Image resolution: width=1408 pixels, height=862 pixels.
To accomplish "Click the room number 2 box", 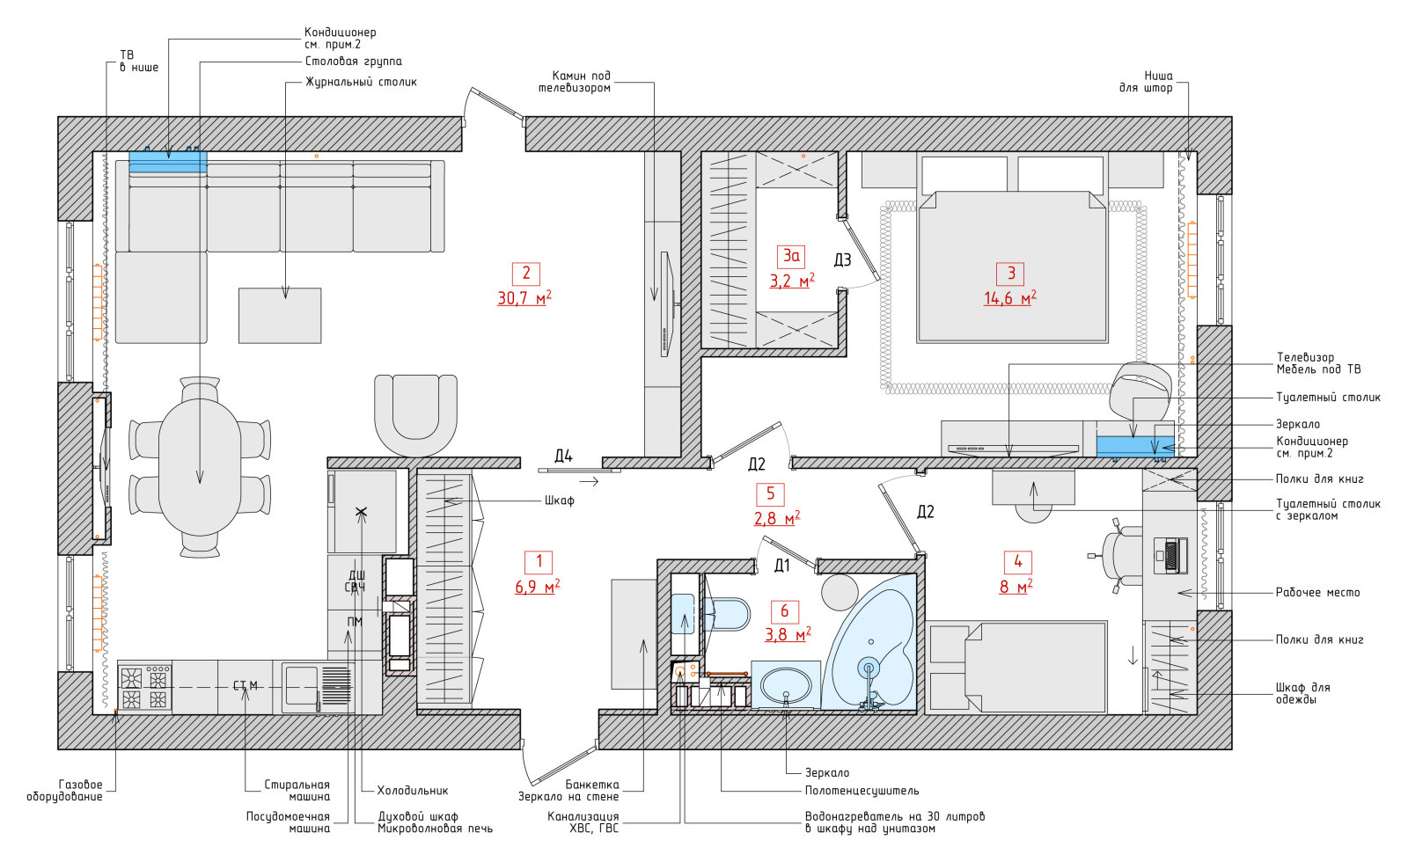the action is coord(526,274).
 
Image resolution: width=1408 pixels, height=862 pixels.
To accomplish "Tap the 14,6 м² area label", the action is coord(1010,298).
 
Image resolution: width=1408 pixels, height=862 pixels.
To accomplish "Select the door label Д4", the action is coord(563,457).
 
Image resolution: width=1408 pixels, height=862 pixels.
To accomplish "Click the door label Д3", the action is coord(842,259).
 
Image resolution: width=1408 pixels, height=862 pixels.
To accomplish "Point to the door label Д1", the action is coord(781,566).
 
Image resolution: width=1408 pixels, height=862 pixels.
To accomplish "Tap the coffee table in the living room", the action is coord(280,316).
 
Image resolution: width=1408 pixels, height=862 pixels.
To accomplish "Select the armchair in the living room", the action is coord(415,415).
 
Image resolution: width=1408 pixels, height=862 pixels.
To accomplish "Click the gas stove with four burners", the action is coord(144,688).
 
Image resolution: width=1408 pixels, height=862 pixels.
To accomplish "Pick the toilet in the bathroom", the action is coord(726,614).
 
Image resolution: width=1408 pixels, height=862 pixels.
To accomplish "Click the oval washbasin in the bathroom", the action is coord(786,685).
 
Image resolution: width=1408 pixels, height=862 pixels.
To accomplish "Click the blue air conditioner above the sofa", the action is coord(168,161).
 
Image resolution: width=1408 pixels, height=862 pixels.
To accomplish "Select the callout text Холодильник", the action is coord(413,791).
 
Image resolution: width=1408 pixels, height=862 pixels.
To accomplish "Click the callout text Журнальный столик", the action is coord(361,82).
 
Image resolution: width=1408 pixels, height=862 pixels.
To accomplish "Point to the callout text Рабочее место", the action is coord(1317,593).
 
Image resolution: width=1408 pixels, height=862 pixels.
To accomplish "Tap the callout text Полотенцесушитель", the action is coord(862,791).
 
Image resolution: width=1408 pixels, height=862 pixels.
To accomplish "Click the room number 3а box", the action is coord(791,256).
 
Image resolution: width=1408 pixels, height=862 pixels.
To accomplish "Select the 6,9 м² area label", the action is coord(538,587).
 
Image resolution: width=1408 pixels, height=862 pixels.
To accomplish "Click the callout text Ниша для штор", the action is coord(1145,82).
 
